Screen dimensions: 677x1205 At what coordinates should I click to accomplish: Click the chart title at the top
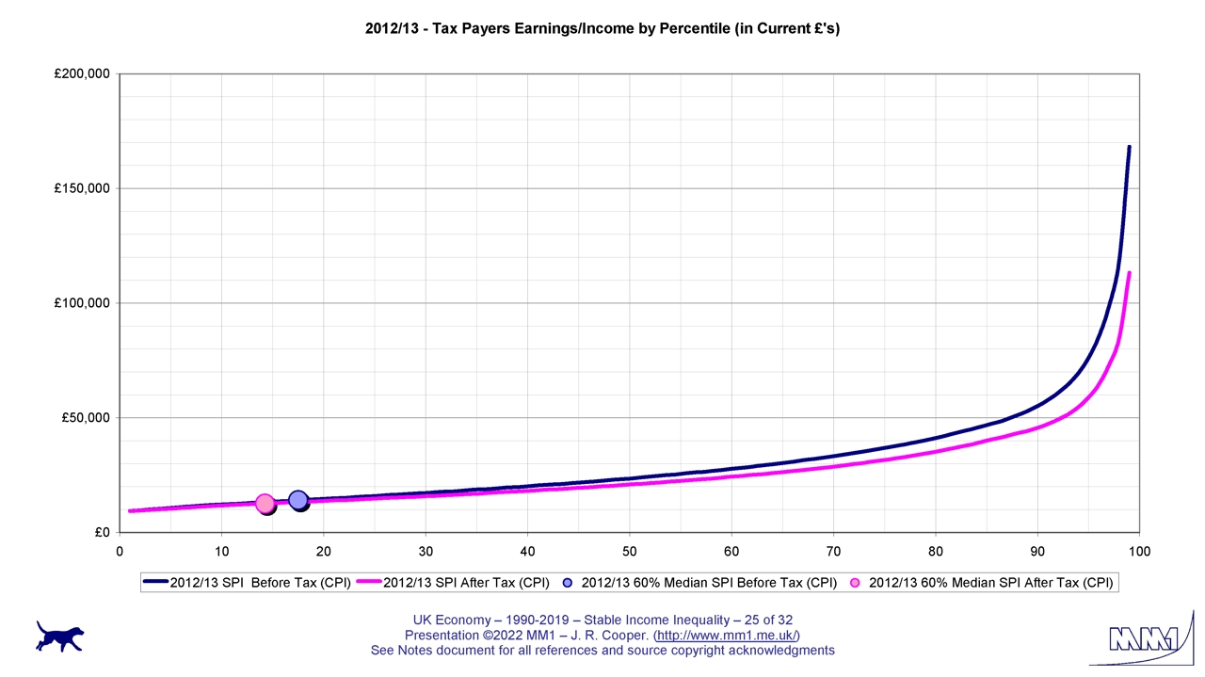coord(602,28)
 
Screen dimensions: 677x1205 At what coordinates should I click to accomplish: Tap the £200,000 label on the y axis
coord(83,73)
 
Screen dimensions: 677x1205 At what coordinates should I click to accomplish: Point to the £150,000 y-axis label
coord(83,188)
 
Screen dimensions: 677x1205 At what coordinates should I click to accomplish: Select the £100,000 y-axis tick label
coord(83,303)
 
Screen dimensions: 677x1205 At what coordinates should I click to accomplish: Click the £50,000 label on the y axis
coord(87,418)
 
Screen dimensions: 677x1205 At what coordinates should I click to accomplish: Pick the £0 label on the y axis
coord(102,533)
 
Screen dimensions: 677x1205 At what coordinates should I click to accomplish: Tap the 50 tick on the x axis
coord(630,552)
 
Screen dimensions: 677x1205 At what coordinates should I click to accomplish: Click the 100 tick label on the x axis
coord(1139,552)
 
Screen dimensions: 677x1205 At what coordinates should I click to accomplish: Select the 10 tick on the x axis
coord(222,552)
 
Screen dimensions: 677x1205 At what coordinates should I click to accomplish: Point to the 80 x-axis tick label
coord(936,552)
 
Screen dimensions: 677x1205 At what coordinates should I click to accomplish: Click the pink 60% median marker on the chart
coord(265,504)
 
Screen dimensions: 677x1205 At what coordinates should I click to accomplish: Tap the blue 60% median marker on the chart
coord(297,500)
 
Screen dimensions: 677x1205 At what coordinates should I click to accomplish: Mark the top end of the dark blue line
coord(1129,148)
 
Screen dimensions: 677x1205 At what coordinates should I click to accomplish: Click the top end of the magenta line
coord(1129,273)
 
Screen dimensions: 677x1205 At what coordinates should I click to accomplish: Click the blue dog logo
coord(59,636)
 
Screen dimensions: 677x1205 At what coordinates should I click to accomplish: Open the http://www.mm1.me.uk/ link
coord(727,636)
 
